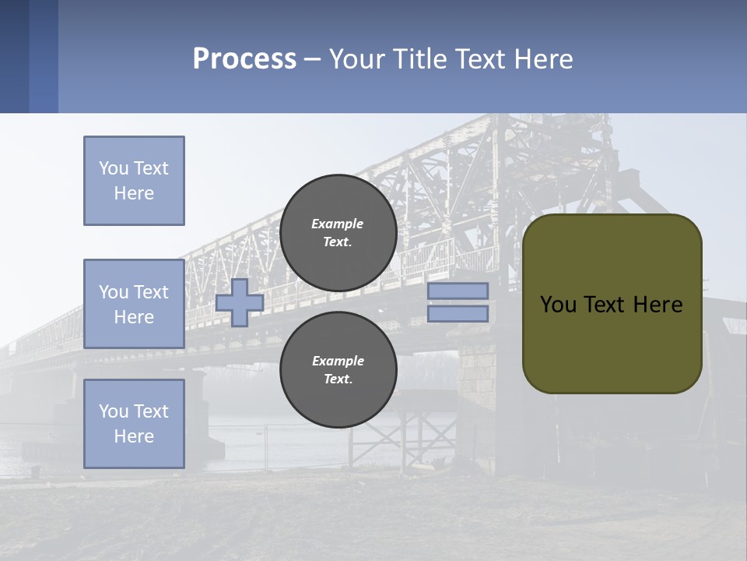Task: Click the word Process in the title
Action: (x=244, y=59)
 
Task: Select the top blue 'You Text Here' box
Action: (x=134, y=181)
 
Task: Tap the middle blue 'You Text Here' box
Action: (x=134, y=304)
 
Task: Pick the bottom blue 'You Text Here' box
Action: (x=134, y=423)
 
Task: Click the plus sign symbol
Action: (x=240, y=303)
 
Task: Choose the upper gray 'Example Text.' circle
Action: (x=338, y=233)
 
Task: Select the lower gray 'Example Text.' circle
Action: (x=338, y=370)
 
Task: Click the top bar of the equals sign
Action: (x=458, y=291)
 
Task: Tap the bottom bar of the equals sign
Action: (x=458, y=313)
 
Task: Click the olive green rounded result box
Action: (x=612, y=343)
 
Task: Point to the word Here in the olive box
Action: (x=658, y=305)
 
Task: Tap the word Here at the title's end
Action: (x=542, y=59)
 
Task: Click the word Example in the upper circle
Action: (x=337, y=224)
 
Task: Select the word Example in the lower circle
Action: (x=338, y=361)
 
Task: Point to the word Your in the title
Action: (x=356, y=59)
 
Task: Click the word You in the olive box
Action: (x=558, y=305)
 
